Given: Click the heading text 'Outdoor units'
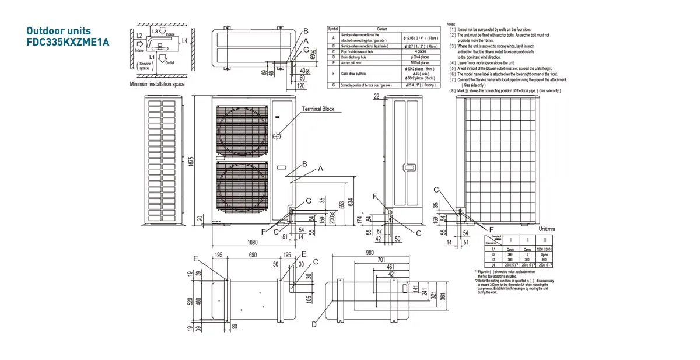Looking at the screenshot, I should click(59, 30).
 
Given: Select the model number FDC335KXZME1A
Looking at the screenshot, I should click(68, 42).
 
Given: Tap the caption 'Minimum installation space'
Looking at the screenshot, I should click(157, 84).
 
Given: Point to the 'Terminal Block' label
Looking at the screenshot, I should click(318, 109).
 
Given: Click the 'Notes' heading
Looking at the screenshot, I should click(451, 24).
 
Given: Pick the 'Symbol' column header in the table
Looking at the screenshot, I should click(333, 29).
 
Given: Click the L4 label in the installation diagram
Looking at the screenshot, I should click(184, 40).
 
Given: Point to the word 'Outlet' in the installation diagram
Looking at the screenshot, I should click(170, 62).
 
